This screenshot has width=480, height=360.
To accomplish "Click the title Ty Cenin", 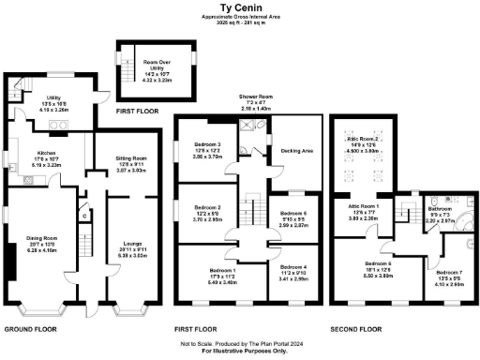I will [240, 7].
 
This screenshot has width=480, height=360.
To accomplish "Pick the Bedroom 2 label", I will [207, 206].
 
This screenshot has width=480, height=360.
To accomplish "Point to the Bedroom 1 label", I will [224, 270].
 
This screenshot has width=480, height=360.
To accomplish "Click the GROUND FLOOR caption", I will [33, 329].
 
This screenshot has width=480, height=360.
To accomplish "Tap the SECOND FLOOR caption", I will [356, 329].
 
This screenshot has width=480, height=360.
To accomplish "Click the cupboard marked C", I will [83, 216].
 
